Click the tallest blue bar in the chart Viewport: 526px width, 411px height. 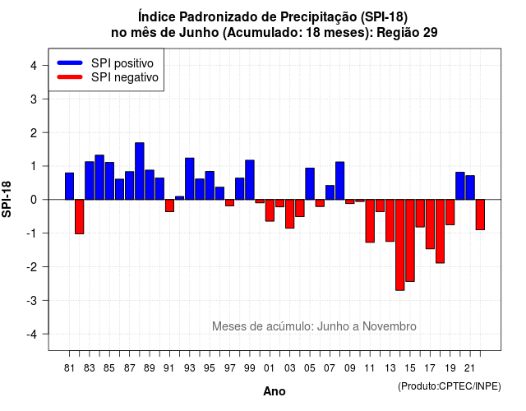140,171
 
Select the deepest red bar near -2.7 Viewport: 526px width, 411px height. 400,245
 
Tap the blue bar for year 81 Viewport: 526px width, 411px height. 69,187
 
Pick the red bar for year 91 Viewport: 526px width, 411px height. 169,205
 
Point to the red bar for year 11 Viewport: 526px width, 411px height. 370,221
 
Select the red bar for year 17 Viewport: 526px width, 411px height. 430,224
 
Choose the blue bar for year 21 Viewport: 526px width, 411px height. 470,187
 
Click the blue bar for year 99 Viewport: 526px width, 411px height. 250,180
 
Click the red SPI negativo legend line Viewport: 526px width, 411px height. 70,77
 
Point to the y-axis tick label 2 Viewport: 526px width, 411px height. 34,133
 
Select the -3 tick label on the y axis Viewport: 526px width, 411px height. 31,301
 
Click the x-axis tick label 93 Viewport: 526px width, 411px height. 189,368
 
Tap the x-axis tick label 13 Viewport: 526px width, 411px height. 390,368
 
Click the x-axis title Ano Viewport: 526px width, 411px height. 274,391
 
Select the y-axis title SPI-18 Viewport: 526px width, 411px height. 7,199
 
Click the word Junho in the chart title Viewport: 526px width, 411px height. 199,33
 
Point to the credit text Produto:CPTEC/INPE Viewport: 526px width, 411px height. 450,386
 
